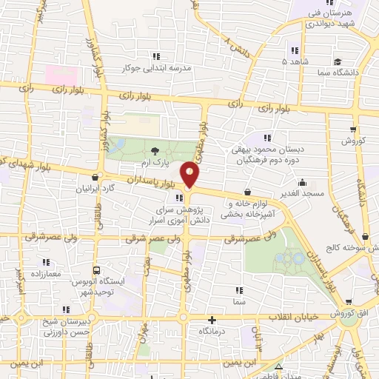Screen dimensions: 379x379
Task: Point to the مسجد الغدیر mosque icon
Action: coord(301,182)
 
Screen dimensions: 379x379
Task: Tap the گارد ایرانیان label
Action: coord(95,189)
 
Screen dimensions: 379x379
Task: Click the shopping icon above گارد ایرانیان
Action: coord(95,178)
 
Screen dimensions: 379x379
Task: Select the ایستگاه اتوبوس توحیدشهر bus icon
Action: coord(95,271)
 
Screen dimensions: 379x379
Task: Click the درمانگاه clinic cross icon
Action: coord(212,321)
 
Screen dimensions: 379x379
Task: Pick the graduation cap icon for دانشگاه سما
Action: coord(338,62)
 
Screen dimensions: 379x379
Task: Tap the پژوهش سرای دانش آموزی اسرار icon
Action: coord(179,198)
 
